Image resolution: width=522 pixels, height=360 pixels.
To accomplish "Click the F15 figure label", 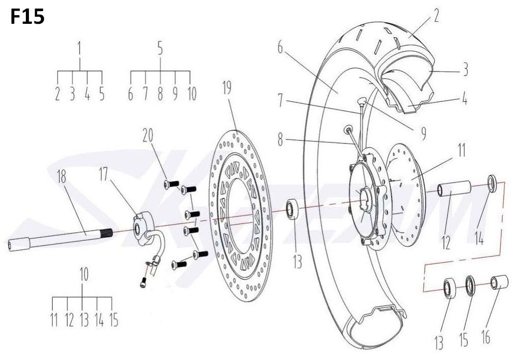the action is coord(27,17).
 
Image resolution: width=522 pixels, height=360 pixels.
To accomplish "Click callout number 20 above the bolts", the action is coord(148,135).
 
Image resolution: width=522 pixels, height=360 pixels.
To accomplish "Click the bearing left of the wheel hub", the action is coord(292,208).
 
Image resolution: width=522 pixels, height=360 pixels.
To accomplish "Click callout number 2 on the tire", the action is coord(436,16).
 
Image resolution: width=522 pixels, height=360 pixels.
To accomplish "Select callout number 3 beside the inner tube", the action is coord(465,69).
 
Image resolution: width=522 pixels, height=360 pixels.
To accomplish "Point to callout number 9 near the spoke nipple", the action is coord(423,133).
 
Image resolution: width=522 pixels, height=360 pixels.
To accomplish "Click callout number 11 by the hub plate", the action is coord(461,150).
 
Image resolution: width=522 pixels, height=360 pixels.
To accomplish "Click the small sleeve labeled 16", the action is coord(499,283).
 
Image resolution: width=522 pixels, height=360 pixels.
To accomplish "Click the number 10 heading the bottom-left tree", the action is coord(84,274).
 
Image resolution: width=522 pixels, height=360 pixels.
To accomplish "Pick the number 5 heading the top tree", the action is coord(160,49).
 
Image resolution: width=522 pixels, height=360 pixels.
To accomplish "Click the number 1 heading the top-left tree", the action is coord(79,49).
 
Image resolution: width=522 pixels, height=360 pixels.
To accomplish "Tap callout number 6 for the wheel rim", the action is coord(280,47).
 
